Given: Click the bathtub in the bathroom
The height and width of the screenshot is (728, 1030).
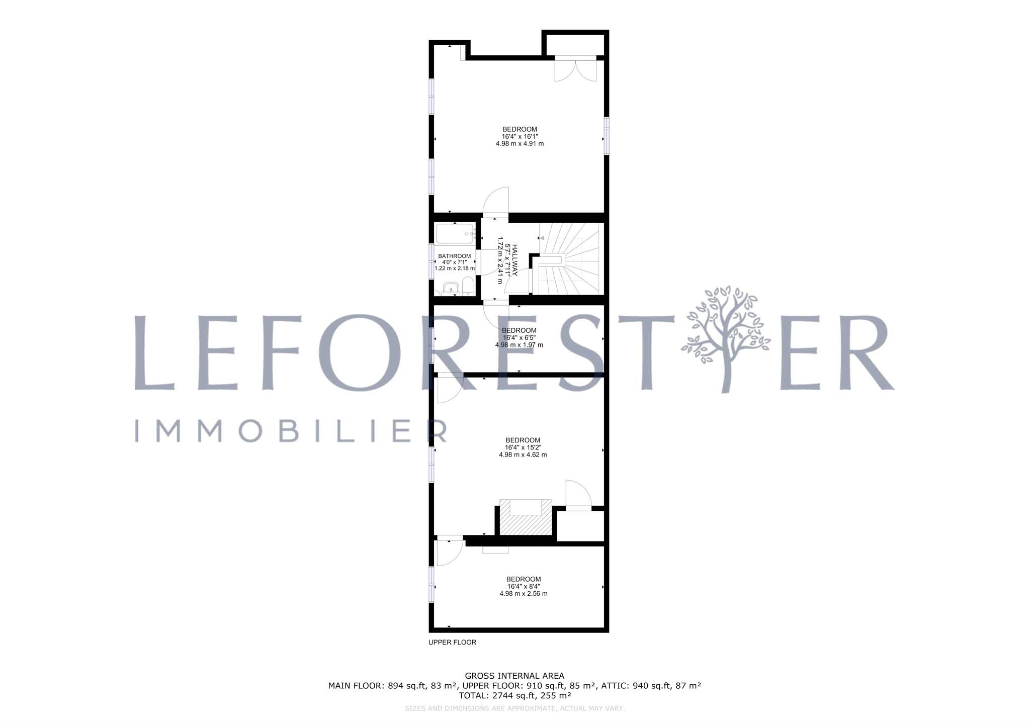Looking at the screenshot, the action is (x=455, y=234).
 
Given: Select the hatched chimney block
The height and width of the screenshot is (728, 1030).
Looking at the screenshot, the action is (x=526, y=517).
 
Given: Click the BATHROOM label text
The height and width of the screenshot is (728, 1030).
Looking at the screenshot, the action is (x=455, y=256).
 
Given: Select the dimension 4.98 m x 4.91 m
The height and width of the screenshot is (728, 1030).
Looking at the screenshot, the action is (x=520, y=143).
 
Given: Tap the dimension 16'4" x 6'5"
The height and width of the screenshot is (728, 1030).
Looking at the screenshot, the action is (x=520, y=338).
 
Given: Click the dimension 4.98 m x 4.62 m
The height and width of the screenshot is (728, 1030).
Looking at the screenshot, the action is (x=523, y=454).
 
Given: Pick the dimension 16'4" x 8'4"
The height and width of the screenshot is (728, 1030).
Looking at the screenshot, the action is (x=524, y=586).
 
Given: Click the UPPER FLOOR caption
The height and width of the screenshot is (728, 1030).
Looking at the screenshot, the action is (x=452, y=642).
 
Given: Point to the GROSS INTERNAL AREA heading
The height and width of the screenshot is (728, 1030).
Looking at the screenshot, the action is (x=514, y=676).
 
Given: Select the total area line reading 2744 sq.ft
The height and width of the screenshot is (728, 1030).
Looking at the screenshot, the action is (x=515, y=696).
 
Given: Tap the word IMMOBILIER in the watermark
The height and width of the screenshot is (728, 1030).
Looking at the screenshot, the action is (x=291, y=431).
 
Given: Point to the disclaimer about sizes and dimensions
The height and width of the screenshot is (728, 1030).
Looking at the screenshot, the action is (x=514, y=708).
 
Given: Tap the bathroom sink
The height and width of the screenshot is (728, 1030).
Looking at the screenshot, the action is (x=451, y=290).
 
